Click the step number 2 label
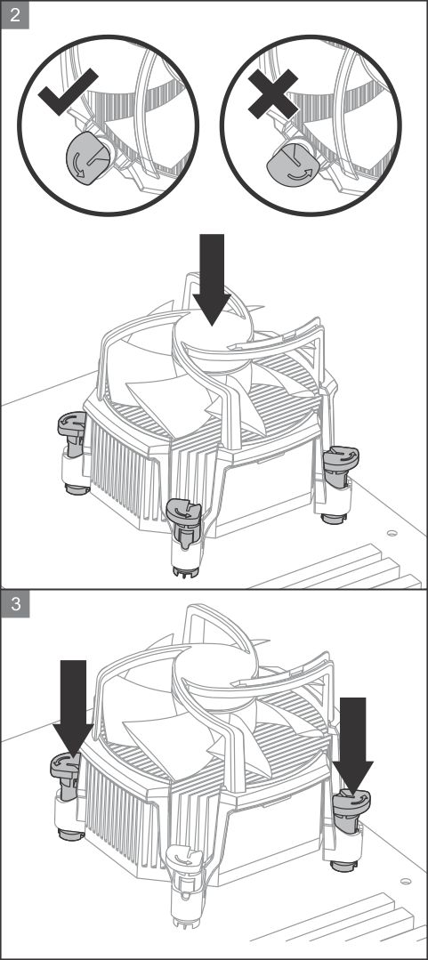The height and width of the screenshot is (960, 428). click(x=15, y=15)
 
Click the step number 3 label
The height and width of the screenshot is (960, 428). click(x=15, y=604)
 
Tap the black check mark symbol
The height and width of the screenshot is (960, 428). click(x=68, y=92)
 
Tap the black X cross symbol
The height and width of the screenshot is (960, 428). click(x=273, y=93)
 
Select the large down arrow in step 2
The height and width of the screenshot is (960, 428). click(x=212, y=279)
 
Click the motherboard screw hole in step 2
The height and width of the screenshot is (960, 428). click(x=392, y=533)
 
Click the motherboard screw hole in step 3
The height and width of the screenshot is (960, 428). click(x=406, y=883)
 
